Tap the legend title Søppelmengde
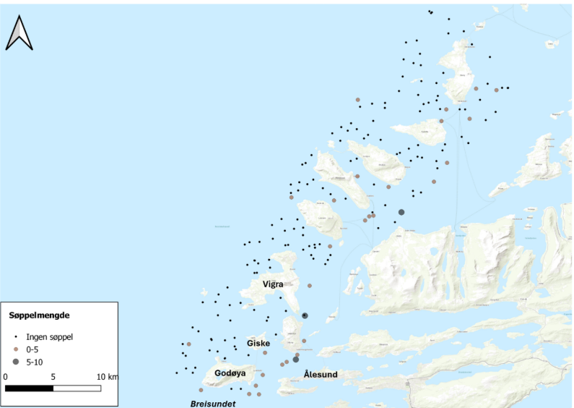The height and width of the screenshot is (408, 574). pos(39,315)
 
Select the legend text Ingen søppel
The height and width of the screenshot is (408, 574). pos(49,336)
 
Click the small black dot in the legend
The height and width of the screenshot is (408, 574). pos(15,336)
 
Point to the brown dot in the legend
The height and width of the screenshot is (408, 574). pos(15,349)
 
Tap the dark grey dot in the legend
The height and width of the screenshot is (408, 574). pos(15,361)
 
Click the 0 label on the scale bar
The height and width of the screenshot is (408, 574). pos(6,377)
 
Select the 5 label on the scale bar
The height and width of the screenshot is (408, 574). pos(53,377)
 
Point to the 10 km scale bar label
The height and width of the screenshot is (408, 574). pos(108,377)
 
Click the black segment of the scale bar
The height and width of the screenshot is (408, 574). pos(30,388)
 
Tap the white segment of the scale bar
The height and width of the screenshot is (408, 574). pos(77,388)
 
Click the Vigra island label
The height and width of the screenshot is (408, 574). pos(273,284)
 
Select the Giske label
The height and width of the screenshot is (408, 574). pos(258,343)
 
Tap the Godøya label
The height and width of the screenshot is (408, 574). pos(230,373)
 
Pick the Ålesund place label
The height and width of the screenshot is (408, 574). pos(321,374)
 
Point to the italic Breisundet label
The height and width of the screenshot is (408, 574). pos(212,404)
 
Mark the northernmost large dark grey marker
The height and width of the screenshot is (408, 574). pos(401,212)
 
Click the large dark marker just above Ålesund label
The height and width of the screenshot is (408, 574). pos(295,359)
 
